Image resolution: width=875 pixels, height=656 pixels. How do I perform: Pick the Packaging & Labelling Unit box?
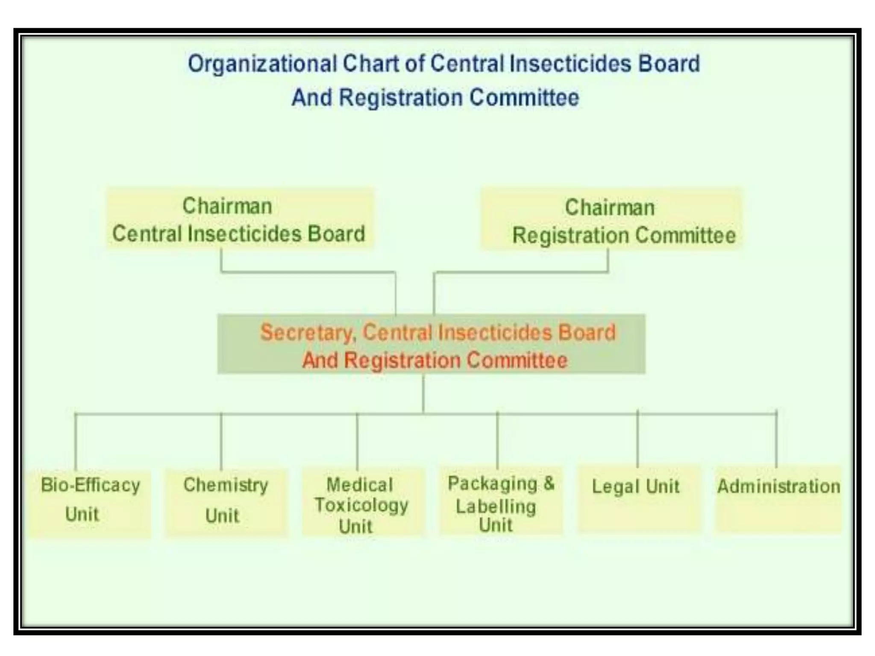[501, 501]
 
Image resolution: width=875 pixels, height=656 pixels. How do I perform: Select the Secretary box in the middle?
[431, 344]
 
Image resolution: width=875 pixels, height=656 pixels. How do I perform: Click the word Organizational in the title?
[262, 64]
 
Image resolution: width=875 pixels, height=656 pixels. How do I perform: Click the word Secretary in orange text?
[308, 332]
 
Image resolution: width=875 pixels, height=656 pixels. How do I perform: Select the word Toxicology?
[361, 506]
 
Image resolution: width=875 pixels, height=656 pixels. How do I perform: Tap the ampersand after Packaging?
[549, 483]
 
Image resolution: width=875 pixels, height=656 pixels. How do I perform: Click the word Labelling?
[496, 507]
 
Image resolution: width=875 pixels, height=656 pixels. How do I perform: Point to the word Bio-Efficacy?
[90, 486]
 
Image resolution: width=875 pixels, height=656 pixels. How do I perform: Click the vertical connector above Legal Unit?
[637, 440]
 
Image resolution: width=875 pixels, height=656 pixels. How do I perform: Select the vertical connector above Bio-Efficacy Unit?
[76, 442]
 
